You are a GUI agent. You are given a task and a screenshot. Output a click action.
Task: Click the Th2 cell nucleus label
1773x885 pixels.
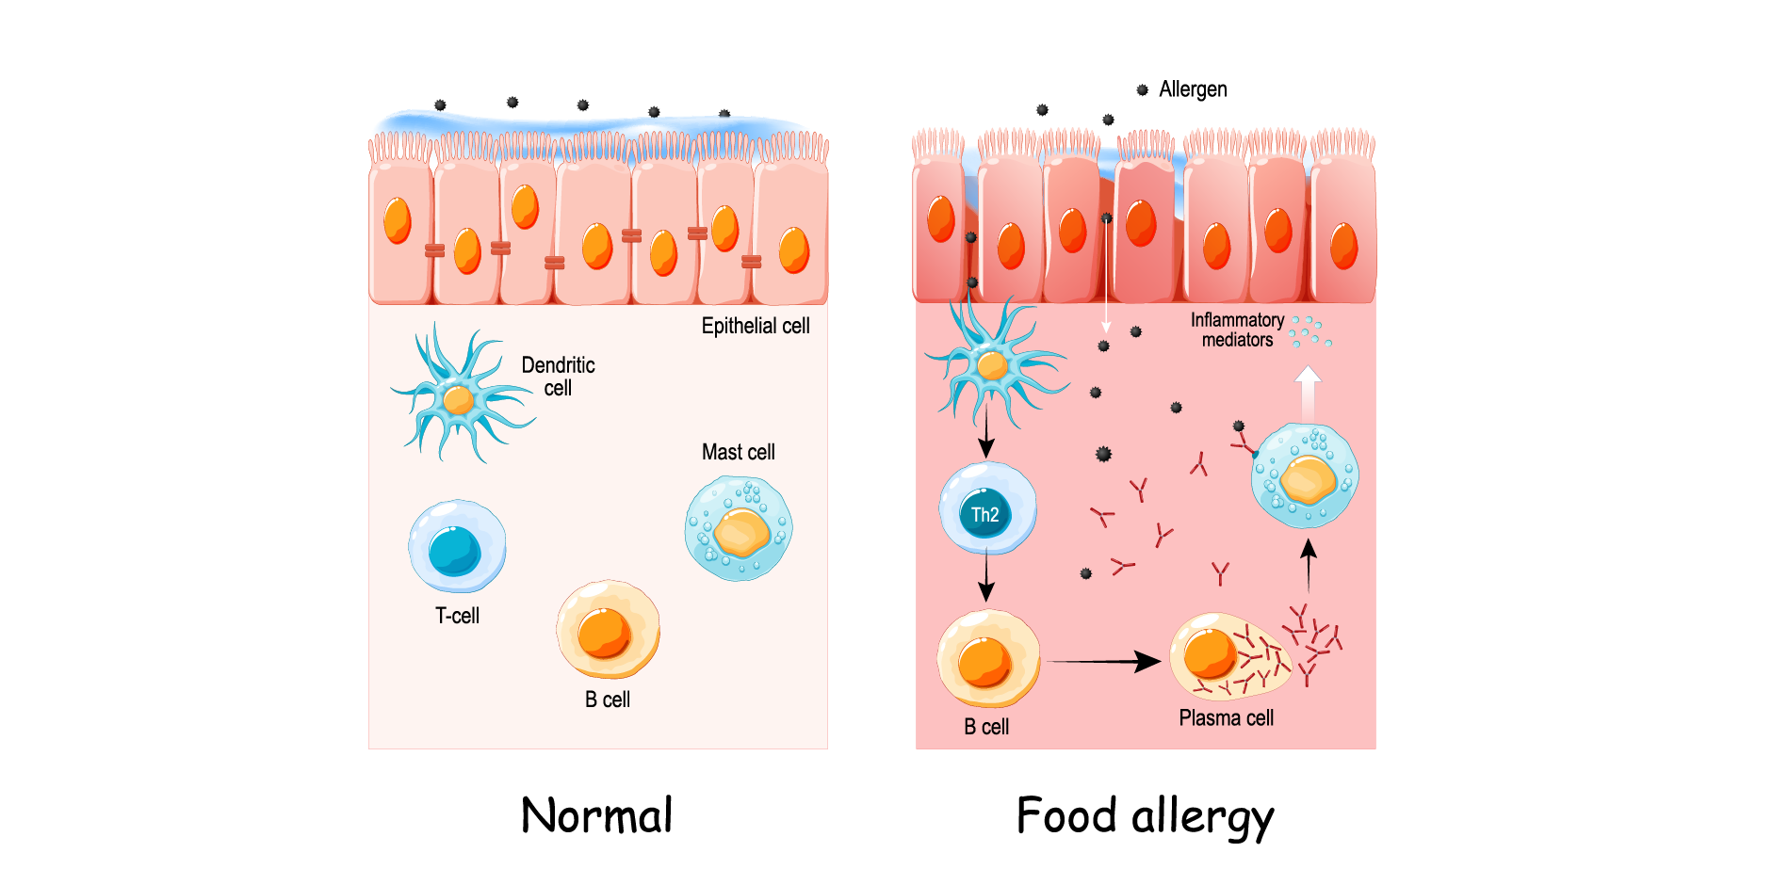click(984, 515)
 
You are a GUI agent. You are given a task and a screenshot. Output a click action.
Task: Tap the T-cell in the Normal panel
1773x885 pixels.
click(457, 547)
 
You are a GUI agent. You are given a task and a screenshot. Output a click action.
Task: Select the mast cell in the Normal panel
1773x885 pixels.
click(739, 528)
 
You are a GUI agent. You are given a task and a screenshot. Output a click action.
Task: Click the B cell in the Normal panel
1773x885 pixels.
click(608, 630)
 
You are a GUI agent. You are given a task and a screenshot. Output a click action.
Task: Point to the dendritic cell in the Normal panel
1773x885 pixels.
click(459, 399)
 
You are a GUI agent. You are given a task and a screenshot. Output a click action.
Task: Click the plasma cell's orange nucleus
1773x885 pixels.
click(1209, 653)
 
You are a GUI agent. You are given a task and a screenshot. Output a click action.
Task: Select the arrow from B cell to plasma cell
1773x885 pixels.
click(1103, 662)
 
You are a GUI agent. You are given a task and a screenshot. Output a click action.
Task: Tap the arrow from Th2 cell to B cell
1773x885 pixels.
click(986, 576)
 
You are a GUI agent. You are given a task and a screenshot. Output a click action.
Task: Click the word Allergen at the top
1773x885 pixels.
click(1193, 89)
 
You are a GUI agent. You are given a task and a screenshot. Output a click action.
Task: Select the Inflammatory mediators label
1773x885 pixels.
click(1237, 330)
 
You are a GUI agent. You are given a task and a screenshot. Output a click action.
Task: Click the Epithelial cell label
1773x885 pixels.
click(756, 326)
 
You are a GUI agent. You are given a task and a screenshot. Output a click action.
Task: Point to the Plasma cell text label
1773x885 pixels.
click(1226, 718)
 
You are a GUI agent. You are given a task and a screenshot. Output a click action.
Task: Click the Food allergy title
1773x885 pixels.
click(1145, 816)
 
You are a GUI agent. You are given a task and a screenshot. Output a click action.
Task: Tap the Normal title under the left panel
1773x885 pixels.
click(597, 815)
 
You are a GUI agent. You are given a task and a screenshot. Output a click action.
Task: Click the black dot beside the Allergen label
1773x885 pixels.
click(1142, 90)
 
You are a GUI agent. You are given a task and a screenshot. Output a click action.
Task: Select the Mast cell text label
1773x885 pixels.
click(738, 452)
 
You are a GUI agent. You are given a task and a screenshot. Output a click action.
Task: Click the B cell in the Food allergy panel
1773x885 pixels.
click(988, 659)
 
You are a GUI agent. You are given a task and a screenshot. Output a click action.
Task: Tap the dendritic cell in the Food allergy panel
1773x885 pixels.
click(993, 365)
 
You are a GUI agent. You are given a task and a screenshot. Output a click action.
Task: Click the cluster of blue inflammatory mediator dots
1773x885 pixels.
click(1309, 331)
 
